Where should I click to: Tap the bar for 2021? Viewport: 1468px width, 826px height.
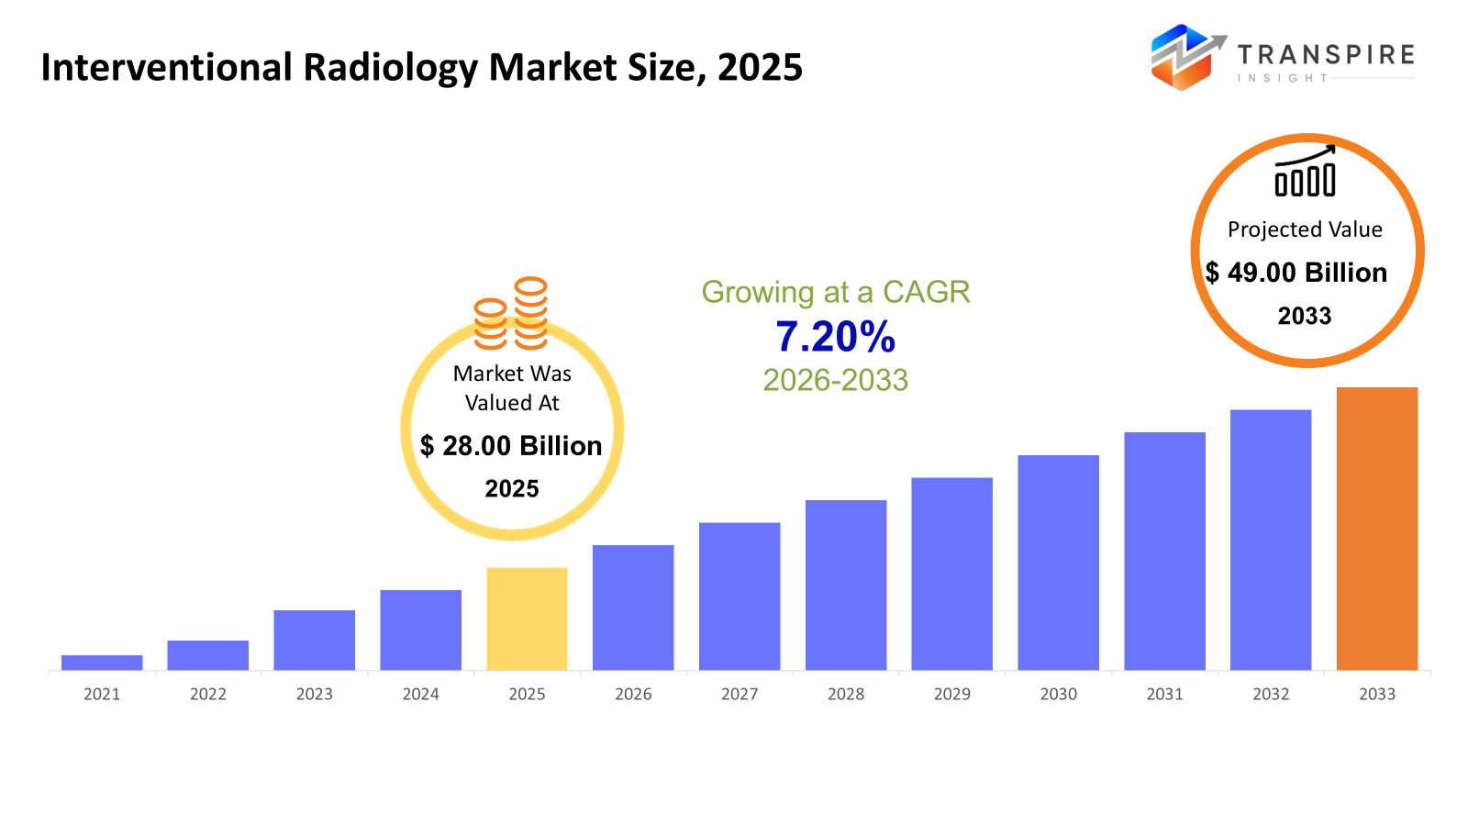click(102, 663)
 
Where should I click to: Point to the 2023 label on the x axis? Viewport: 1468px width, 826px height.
click(314, 695)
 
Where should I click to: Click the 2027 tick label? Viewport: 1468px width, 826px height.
click(740, 695)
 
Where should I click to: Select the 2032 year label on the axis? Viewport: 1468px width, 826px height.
click(1271, 695)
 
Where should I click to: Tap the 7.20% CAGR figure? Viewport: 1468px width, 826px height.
click(835, 337)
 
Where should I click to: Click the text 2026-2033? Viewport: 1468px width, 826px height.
click(835, 380)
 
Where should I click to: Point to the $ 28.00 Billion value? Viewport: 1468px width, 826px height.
click(511, 446)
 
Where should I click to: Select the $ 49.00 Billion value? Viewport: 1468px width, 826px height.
click(1296, 273)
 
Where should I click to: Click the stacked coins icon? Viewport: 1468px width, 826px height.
click(511, 314)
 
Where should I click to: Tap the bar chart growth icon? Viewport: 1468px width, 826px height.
click(1305, 172)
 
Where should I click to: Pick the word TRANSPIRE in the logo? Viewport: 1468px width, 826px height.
click(1326, 55)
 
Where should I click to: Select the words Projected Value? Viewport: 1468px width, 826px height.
click(1305, 229)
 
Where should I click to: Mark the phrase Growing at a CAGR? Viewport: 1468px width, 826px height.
click(835, 292)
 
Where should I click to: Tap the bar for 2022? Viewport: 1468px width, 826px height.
click(207, 655)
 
